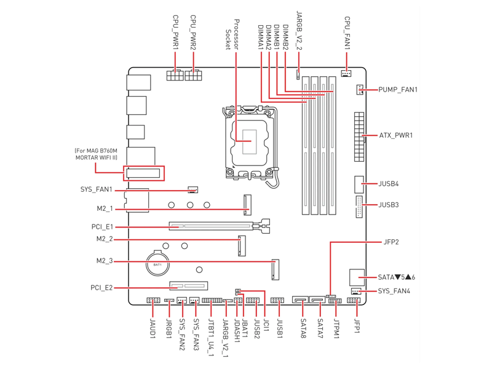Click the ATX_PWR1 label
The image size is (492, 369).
[x=395, y=135]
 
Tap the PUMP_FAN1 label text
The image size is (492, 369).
[x=398, y=90]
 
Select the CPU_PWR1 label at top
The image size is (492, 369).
[x=175, y=33]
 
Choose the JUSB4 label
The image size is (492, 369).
[x=389, y=184]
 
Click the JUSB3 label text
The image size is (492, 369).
[x=389, y=204]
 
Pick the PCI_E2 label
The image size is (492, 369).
[x=102, y=287]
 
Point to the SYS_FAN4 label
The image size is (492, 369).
[x=394, y=291]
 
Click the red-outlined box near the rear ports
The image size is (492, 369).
[x=145, y=172]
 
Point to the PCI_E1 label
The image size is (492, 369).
[x=102, y=227]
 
